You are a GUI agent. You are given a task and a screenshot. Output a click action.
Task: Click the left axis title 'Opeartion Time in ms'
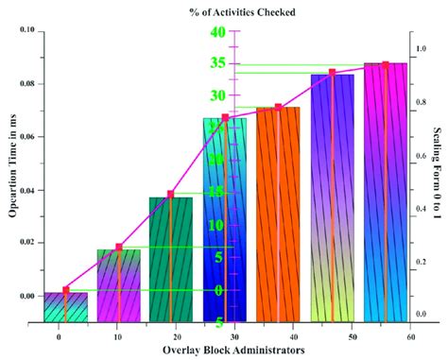coord(13,175)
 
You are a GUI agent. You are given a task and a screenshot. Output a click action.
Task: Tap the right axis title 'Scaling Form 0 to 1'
coord(438,174)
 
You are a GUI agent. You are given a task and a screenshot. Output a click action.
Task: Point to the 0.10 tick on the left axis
coord(26,31)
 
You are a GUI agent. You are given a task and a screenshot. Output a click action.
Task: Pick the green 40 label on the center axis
coord(217,32)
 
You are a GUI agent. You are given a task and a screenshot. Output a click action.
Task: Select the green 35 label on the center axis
coord(217,64)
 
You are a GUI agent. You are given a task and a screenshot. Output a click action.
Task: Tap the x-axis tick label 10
coord(117,335)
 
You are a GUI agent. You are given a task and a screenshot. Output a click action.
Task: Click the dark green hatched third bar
coord(170,258)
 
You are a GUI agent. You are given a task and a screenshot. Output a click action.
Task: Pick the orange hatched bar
coord(278,214)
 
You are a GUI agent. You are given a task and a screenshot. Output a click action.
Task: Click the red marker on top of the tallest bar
coord(385,65)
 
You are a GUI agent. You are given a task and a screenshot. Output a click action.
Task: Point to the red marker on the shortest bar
coord(65,290)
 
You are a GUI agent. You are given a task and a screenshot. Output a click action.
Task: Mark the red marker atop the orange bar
coord(278,107)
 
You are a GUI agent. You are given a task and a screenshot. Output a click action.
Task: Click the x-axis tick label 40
coord(293,335)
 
